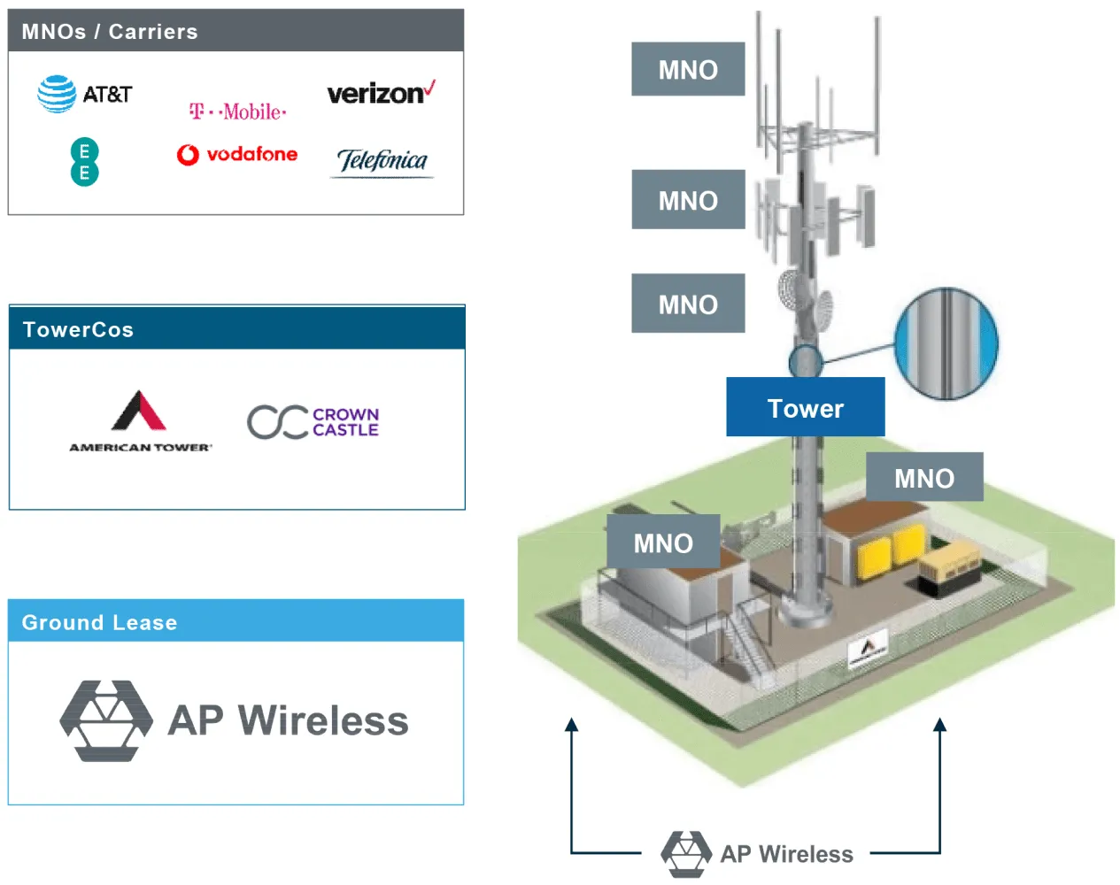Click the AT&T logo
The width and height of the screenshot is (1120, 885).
pos(84,94)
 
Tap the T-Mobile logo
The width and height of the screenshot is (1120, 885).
pos(237,112)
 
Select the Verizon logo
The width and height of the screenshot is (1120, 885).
pos(381,93)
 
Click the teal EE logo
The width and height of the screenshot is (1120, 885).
pos(84,162)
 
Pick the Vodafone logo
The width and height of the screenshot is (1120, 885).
pos(237,155)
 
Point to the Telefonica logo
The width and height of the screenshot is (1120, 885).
pos(382,161)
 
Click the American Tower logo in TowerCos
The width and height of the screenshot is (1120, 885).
pos(140,421)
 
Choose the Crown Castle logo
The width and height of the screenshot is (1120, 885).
pos(313,422)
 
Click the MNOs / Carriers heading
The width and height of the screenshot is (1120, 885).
pos(110,32)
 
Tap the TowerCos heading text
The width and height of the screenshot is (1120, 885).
pos(78,329)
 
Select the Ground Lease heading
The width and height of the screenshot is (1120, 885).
pos(99,622)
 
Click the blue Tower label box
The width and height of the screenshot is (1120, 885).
pos(805,408)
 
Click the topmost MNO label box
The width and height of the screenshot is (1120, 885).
pos(688,69)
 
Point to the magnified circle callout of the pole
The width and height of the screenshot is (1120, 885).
pos(946,342)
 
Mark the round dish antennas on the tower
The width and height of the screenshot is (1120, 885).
pos(806,298)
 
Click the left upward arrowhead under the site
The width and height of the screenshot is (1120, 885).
pos(572,726)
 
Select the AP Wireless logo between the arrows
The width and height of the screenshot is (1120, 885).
pos(758,853)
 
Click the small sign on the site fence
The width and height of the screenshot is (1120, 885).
pos(868,650)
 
